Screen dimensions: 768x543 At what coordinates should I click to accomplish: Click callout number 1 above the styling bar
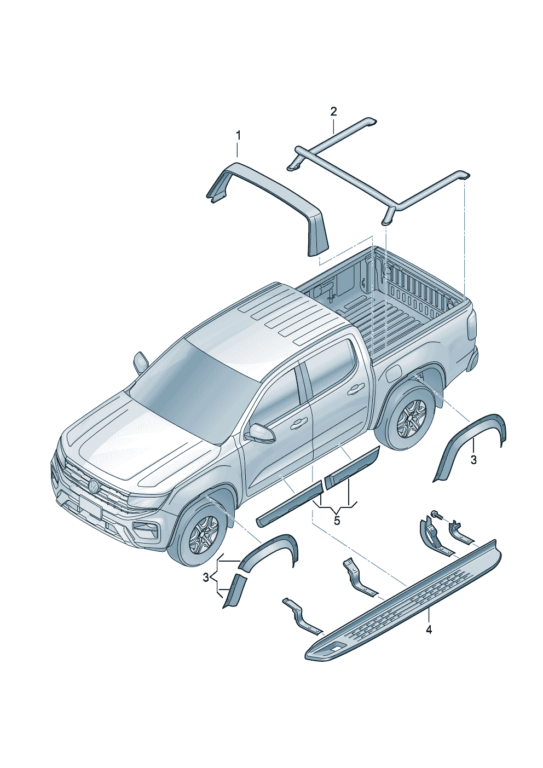coord(238,135)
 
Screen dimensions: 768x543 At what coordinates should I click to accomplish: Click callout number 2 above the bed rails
coord(333,112)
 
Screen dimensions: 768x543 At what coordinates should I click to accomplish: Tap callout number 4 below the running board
coord(429,630)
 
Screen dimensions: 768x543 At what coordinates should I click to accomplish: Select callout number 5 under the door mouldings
coord(337,520)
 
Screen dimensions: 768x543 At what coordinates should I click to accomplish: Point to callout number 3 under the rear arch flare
coord(473,460)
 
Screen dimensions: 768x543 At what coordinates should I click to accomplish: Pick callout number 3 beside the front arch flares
coord(206,577)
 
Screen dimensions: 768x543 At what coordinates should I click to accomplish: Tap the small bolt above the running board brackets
coord(436,515)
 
